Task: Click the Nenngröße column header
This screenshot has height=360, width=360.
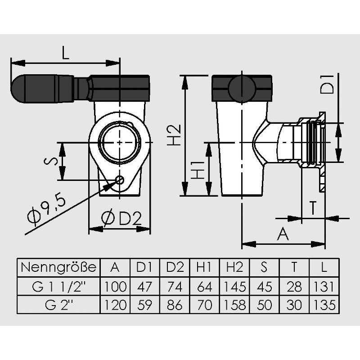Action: (58, 267)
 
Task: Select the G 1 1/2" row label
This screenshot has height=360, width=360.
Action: (58, 286)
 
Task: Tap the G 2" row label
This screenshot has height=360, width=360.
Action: (58, 305)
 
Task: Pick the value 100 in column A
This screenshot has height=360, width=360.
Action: (115, 286)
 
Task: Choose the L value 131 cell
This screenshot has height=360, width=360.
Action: (324, 286)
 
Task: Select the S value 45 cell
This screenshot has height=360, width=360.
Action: (265, 286)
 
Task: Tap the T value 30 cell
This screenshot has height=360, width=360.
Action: (294, 305)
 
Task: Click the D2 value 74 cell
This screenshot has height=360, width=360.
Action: (175, 286)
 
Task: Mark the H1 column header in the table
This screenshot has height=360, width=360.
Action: (204, 267)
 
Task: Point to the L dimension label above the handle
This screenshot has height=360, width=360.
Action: (66, 54)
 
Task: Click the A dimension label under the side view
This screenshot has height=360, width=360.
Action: (283, 234)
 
